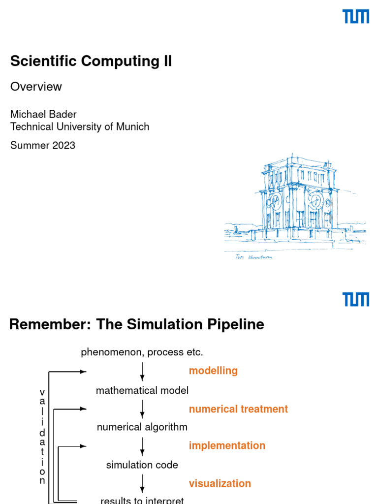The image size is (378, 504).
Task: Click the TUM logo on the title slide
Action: tap(356, 17)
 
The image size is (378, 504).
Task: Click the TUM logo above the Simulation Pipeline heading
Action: tap(356, 299)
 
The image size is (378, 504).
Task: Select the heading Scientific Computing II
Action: tap(91, 62)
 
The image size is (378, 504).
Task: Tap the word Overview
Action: tap(36, 87)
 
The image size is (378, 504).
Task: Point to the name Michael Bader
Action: tap(43, 114)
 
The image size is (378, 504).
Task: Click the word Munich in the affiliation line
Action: tap(132, 126)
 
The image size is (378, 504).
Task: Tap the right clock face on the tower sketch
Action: tap(315, 200)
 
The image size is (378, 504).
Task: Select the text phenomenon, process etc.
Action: tap(142, 352)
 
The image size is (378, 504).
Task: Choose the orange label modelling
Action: tap(213, 371)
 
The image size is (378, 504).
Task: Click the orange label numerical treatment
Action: tap(238, 409)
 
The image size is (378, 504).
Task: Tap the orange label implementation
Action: tap(227, 445)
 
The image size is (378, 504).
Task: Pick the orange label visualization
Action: tap(220, 483)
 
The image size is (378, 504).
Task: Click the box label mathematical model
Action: tap(142, 391)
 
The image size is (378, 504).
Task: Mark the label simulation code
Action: tap(142, 465)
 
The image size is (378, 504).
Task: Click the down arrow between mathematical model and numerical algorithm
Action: tap(142, 409)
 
